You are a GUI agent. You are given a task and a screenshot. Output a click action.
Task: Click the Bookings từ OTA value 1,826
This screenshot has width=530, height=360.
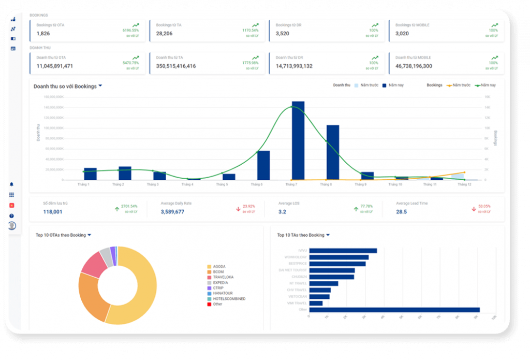point(43,34)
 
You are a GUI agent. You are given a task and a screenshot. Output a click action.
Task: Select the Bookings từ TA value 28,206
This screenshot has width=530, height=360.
point(165,34)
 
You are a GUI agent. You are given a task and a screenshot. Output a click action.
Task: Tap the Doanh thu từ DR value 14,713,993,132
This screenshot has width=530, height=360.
point(294,66)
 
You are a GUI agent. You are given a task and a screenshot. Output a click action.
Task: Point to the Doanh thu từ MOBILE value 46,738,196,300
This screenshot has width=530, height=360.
point(414,66)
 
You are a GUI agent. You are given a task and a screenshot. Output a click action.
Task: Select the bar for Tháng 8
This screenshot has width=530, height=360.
point(333,152)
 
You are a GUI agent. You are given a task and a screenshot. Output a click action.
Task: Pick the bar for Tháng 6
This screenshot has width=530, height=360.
point(263,165)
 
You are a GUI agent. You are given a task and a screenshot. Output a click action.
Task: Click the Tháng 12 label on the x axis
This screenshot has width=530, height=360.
point(464,184)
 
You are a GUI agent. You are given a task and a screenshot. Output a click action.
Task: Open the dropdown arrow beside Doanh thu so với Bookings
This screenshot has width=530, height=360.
point(100,86)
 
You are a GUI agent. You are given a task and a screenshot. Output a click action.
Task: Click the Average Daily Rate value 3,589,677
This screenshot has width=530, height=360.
point(172,212)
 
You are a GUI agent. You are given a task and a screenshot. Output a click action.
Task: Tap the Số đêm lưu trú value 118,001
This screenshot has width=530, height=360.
point(53,212)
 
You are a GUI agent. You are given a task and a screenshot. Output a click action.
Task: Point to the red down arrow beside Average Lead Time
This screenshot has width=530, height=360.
point(473,209)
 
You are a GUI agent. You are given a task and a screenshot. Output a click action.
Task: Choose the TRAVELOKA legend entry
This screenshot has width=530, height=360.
point(223,277)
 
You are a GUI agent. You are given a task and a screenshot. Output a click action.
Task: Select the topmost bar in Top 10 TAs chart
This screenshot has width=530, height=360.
point(343,251)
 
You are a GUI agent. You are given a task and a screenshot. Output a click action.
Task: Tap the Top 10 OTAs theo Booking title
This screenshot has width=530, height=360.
point(61,235)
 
